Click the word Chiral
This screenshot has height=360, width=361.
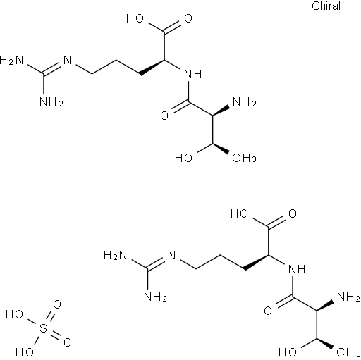[x=326, y=6]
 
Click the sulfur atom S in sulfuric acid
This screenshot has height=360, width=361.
[x=43, y=328]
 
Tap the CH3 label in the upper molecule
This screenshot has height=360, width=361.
[x=244, y=158]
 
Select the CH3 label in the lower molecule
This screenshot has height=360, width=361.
[x=348, y=352]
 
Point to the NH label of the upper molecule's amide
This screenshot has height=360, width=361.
[x=193, y=74]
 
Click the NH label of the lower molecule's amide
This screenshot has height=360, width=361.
[x=297, y=269]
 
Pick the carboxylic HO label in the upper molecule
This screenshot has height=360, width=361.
[x=135, y=18]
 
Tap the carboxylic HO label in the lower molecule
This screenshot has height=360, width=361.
[x=239, y=213]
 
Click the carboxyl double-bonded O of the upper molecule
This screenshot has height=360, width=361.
[x=188, y=18]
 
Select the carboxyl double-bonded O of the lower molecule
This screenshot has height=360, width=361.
[x=293, y=213]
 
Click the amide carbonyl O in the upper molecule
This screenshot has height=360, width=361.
[x=164, y=116]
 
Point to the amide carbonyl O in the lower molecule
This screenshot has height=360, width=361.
[x=268, y=311]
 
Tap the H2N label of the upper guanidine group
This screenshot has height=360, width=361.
[x=11, y=60]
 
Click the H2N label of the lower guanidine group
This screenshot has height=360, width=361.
[x=116, y=255]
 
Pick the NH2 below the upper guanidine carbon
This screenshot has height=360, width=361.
[x=51, y=102]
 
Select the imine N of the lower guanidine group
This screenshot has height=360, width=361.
[x=172, y=255]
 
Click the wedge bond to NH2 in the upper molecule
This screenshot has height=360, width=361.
[x=221, y=111]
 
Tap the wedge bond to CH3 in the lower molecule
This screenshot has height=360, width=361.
[x=325, y=344]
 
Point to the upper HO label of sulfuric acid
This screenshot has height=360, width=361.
[x=14, y=314]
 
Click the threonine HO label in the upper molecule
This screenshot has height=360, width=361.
[x=184, y=158]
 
